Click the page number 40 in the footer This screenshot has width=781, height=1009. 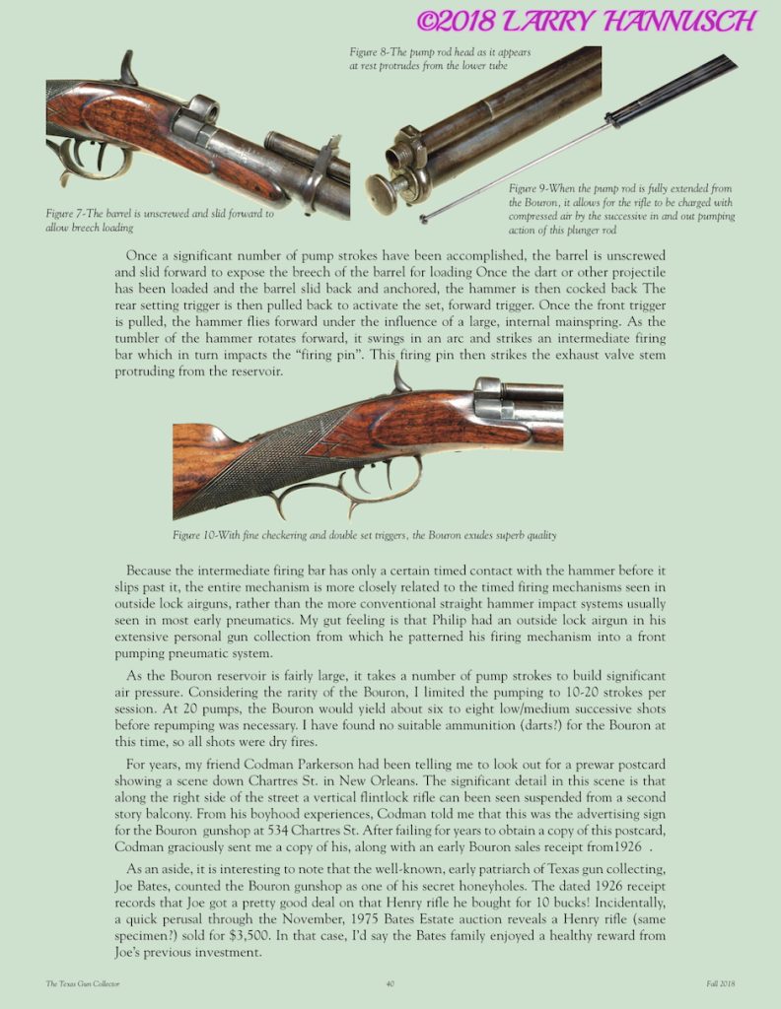point(390,983)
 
